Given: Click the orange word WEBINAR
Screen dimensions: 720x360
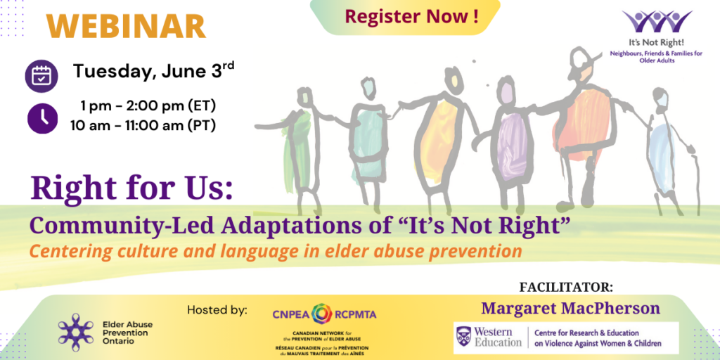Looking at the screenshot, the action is (126, 26).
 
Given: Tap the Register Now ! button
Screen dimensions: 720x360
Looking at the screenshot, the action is (405, 17).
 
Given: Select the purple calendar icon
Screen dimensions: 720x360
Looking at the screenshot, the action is (41, 76).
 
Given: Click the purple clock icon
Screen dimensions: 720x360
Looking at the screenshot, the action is (42, 118).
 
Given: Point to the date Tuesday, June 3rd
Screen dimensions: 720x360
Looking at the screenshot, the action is (153, 71).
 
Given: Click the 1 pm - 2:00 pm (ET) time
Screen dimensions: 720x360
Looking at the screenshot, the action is (148, 106).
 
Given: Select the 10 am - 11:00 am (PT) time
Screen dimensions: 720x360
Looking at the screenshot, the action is (143, 125).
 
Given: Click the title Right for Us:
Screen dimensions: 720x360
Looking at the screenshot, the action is (131, 188).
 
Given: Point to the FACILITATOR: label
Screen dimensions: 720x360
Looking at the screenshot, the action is (566, 288).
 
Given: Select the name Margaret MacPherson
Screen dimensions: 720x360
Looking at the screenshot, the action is (570, 309).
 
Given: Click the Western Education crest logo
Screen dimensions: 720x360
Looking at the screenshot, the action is (463, 337).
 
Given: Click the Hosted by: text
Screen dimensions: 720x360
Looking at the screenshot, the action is (217, 310).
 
